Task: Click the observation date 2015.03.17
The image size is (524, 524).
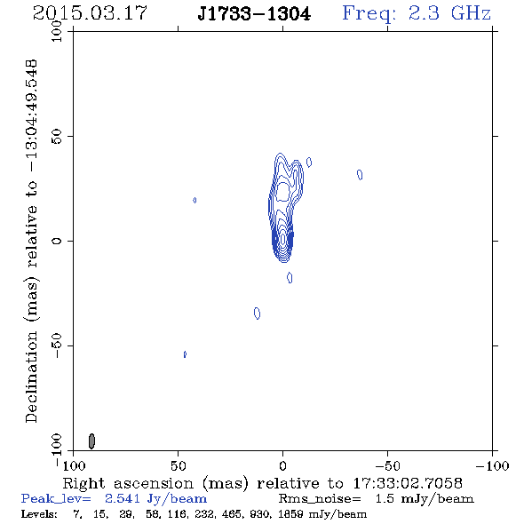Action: [90, 13]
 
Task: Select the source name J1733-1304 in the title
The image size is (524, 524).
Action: [254, 14]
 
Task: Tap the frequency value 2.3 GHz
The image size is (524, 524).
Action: [449, 13]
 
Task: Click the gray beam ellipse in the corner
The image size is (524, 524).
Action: [91, 441]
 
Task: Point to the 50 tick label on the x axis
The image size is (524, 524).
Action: [178, 465]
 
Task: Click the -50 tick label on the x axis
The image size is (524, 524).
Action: [387, 465]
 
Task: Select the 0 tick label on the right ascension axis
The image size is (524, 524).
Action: [282, 465]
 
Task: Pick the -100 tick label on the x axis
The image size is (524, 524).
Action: [492, 465]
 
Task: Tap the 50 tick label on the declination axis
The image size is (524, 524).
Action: [57, 137]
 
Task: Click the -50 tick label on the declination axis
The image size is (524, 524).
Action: [57, 345]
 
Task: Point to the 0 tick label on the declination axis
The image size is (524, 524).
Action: [57, 241]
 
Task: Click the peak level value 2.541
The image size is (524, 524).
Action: [123, 498]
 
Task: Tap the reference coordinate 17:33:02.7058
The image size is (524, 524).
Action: [408, 483]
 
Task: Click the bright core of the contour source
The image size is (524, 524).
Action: [283, 239]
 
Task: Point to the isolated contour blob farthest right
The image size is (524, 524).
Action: [360, 174]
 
